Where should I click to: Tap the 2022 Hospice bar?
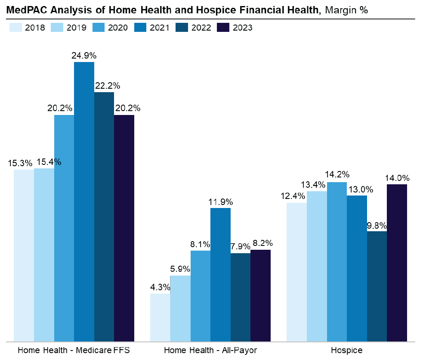click(x=377, y=286)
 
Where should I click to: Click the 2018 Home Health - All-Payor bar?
click(x=160, y=317)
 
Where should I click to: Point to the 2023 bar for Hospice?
click(x=397, y=263)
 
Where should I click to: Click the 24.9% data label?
click(x=84, y=56)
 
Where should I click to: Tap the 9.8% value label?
click(x=377, y=225)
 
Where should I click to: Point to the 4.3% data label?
click(x=160, y=287)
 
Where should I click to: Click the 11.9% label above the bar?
click(x=220, y=202)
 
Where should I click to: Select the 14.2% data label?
click(x=337, y=175)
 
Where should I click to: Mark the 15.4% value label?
click(x=48, y=162)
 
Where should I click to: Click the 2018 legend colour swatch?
click(x=15, y=28)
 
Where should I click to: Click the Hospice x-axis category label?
click(x=347, y=350)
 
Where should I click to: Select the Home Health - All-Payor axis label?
click(x=210, y=350)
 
